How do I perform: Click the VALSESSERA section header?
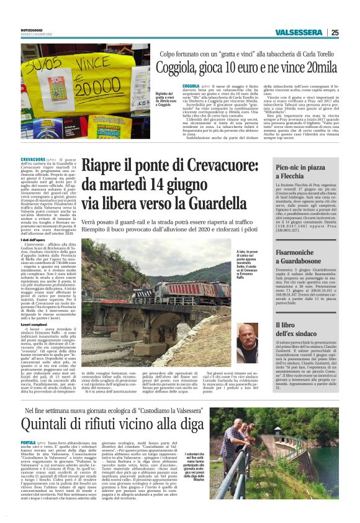pos(299,33)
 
